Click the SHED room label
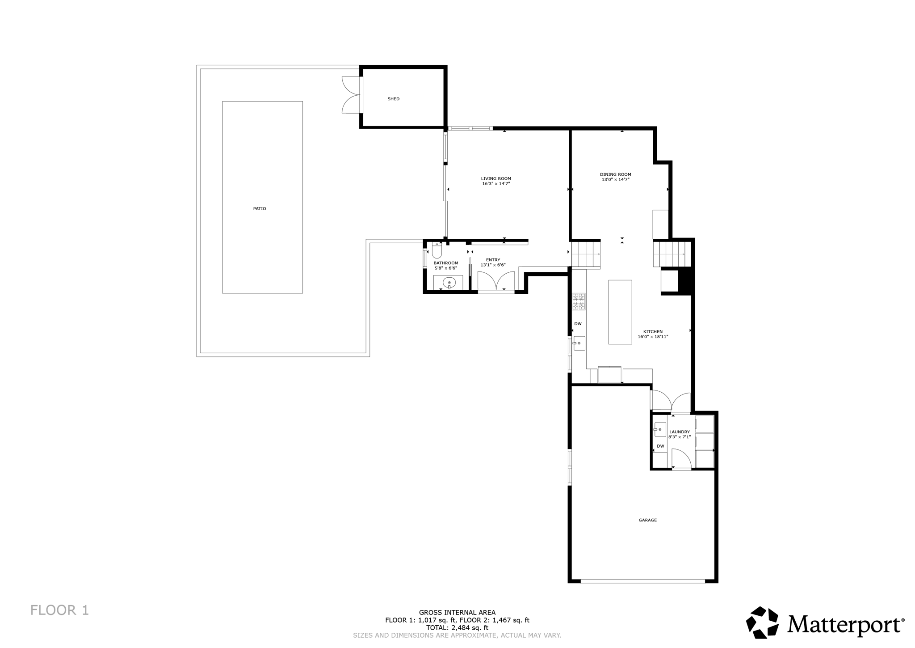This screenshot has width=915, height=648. click(393, 99)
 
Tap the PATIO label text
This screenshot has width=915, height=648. click(260, 209)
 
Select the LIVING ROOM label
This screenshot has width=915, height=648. click(496, 178)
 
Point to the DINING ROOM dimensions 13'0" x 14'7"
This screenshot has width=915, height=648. click(615, 180)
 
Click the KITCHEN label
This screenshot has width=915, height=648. click(653, 332)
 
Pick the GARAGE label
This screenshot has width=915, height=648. click(647, 520)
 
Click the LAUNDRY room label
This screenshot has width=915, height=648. click(680, 432)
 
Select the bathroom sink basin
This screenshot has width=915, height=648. click(449, 283)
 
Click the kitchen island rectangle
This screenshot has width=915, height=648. click(620, 312)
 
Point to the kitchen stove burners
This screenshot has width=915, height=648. click(579, 301)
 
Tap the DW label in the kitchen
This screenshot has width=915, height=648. click(578, 324)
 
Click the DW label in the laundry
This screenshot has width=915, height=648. click(660, 446)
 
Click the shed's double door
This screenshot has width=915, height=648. click(351, 94)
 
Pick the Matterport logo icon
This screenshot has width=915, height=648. click(762, 623)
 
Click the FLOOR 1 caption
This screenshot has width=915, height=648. click(60, 610)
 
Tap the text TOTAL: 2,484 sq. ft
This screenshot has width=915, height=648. click(457, 628)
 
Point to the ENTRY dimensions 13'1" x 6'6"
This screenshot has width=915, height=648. click(493, 265)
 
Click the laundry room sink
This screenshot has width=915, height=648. click(659, 429)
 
